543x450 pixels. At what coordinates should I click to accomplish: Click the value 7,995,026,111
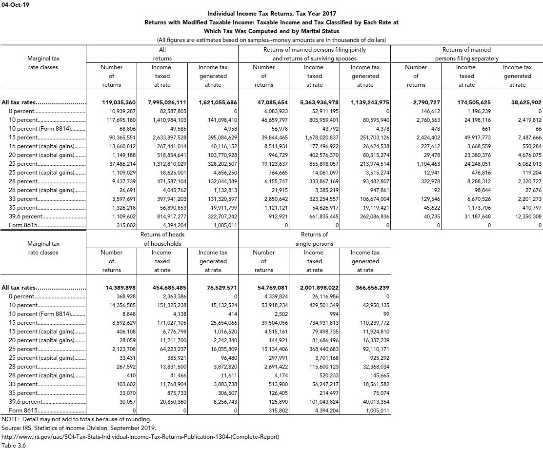pos(167,102)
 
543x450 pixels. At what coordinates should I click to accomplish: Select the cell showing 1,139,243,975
pos(370,102)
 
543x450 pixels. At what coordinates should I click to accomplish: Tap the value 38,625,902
pos(522,102)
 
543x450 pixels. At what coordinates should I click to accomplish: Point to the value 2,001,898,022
pos(319,288)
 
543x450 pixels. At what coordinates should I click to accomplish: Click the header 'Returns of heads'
pos(162,235)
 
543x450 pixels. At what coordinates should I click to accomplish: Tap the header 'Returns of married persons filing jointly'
pos(315,50)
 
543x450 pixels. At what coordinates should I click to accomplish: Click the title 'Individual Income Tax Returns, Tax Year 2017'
pos(272,14)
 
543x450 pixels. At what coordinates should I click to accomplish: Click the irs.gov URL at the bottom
pos(141,437)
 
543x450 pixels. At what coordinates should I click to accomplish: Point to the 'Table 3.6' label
pos(14,446)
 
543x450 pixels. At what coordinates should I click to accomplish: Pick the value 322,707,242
pos(218,216)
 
